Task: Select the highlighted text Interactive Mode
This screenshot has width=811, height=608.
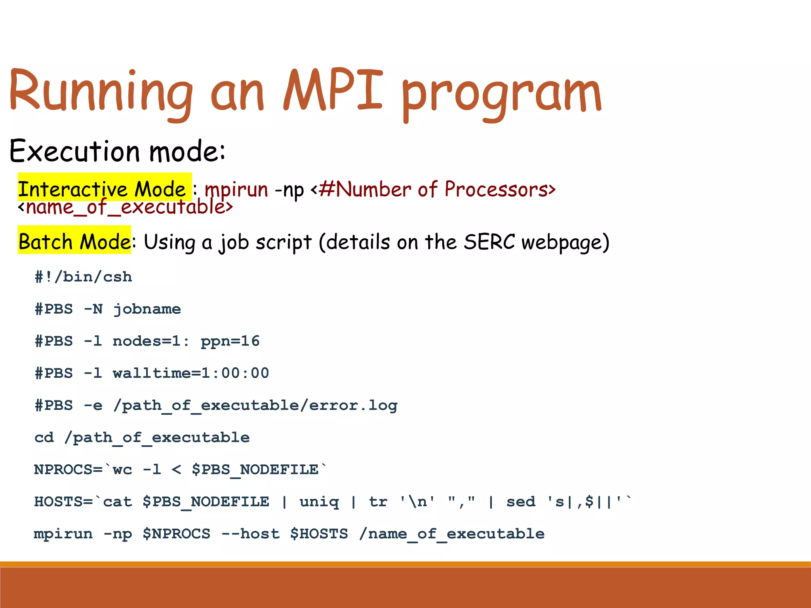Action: click(x=102, y=189)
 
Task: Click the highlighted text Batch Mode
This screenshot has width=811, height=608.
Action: click(x=74, y=241)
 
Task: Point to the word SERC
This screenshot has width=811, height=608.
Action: click(x=489, y=241)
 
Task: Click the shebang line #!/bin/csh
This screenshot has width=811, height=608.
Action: click(x=83, y=277)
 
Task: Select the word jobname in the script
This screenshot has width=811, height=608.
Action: click(x=147, y=309)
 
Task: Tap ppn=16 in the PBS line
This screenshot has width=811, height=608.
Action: click(x=230, y=341)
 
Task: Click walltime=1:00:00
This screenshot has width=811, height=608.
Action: click(x=191, y=373)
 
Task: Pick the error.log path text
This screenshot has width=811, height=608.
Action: click(x=255, y=405)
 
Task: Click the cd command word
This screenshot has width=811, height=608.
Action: click(x=44, y=437)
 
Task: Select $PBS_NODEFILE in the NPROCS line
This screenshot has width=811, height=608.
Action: click(x=255, y=470)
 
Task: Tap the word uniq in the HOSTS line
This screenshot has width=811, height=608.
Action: click(x=319, y=502)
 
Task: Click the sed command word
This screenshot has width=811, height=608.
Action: click(x=521, y=502)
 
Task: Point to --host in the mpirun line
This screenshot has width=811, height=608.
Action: click(x=250, y=534)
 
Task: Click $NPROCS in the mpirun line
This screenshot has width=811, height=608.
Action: click(x=176, y=534)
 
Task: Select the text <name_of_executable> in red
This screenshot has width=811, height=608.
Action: click(x=126, y=207)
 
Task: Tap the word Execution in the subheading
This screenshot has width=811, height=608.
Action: click(x=74, y=151)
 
